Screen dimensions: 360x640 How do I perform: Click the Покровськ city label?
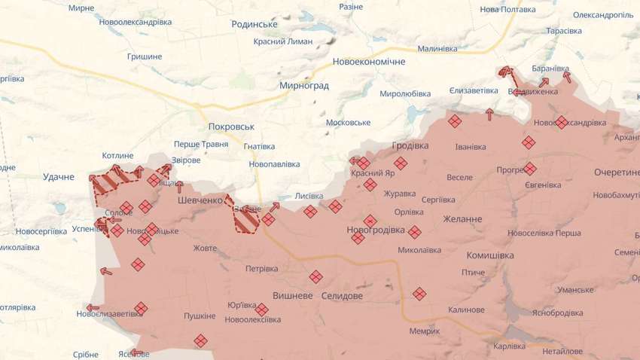(232, 127)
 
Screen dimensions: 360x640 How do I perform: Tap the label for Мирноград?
(304, 85)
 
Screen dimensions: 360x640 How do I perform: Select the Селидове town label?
(342, 296)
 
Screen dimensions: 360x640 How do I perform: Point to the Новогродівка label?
(376, 230)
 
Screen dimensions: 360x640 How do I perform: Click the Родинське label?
(254, 24)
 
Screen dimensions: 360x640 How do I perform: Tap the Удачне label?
(59, 177)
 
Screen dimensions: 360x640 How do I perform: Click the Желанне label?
(462, 219)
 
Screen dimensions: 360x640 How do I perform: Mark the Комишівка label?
(490, 255)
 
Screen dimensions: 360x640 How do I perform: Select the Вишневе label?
(292, 296)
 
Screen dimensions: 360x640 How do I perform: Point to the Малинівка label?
(437, 48)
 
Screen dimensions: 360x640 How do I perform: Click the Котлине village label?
(117, 156)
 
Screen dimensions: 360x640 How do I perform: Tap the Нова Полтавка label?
(507, 11)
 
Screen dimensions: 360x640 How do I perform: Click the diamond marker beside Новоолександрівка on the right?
(562, 122)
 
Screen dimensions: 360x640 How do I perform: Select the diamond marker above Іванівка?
(455, 121)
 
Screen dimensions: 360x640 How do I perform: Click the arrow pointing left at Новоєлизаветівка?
(92, 307)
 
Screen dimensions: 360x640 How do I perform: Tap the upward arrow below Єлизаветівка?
(490, 114)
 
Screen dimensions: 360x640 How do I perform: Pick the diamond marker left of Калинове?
(419, 294)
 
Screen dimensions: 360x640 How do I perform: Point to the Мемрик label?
(425, 331)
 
